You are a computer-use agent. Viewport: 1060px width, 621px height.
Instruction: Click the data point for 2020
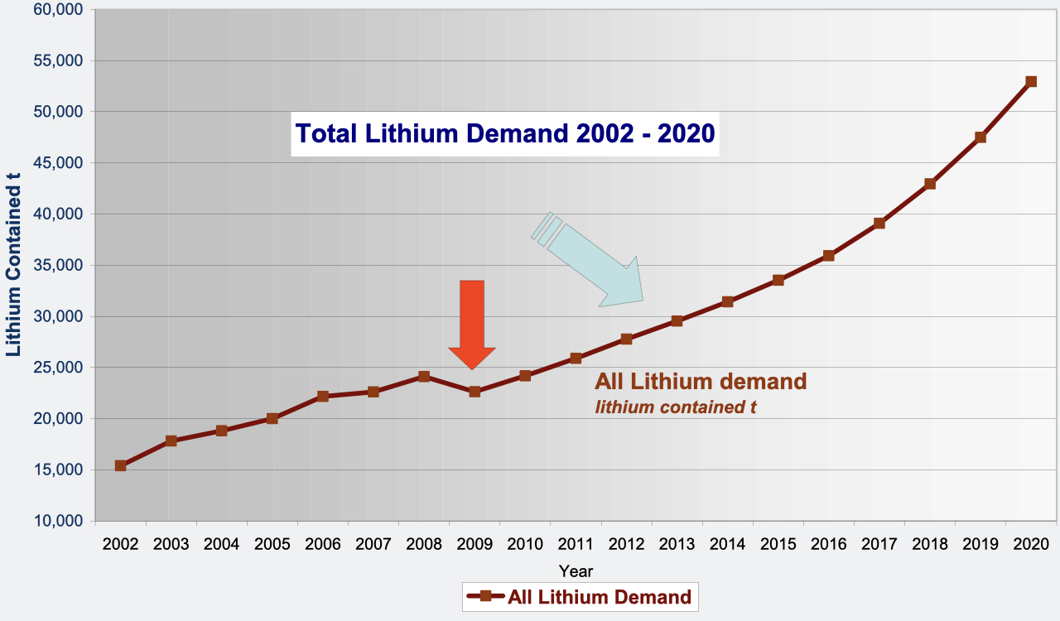(1031, 81)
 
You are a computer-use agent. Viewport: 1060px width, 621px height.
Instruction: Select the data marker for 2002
(121, 465)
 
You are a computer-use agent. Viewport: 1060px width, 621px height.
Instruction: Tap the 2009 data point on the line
(475, 391)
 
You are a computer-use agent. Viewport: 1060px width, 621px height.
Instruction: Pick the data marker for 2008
(424, 376)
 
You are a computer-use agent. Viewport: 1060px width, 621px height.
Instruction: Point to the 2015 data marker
(778, 280)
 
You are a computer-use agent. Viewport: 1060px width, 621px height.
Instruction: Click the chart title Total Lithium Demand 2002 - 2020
(505, 133)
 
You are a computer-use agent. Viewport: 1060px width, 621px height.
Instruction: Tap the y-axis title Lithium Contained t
(14, 264)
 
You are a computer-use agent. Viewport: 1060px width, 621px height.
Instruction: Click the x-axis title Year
(576, 570)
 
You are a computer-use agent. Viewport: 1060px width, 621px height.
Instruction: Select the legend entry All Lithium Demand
(580, 596)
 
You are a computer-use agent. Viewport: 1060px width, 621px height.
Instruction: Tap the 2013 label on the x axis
(677, 544)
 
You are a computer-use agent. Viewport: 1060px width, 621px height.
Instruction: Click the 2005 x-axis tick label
(272, 544)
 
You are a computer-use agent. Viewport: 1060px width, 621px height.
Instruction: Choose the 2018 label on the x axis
(930, 544)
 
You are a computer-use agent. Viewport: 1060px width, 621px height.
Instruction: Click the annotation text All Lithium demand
(701, 382)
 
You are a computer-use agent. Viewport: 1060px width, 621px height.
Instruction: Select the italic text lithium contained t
(675, 407)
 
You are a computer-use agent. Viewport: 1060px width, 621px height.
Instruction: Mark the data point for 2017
(879, 223)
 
